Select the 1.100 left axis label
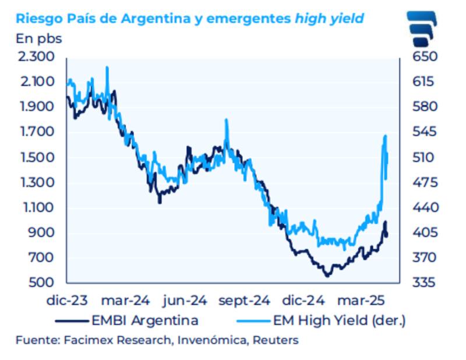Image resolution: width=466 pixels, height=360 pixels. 37,208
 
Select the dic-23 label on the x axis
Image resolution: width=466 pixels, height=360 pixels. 67,301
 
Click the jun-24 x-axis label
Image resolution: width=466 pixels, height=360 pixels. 185,301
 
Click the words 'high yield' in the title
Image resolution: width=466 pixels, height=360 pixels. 330,18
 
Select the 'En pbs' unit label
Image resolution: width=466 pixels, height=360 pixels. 38,40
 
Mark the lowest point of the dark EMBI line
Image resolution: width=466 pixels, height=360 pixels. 327,276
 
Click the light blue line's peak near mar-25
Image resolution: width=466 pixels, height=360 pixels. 386,136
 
